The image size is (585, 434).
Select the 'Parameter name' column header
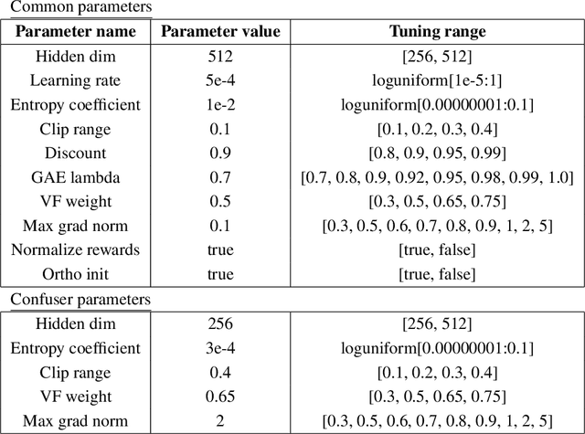pos(76,32)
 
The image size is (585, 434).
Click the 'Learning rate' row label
pos(76,80)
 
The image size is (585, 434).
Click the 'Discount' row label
pos(76,153)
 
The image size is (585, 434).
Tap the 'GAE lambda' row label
pos(76,176)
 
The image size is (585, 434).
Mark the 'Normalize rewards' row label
pos(76,249)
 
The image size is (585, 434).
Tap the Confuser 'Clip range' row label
pos(76,372)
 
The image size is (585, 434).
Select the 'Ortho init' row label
pos(76,272)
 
